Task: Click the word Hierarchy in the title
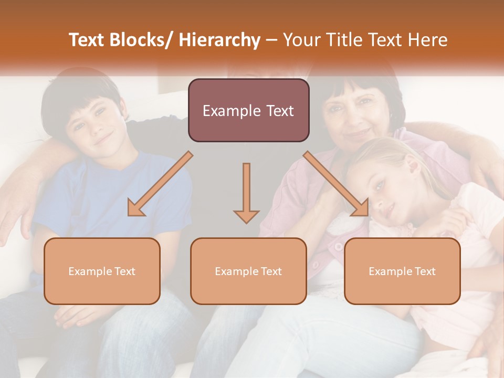click(x=219, y=40)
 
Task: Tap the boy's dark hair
click(x=79, y=92)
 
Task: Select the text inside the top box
click(x=248, y=111)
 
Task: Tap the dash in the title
click(x=272, y=40)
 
